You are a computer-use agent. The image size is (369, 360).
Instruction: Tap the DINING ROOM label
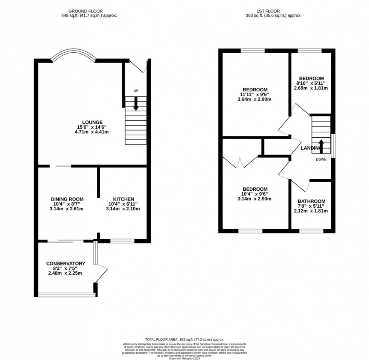click(67, 199)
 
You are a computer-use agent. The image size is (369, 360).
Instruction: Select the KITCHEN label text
click(124, 199)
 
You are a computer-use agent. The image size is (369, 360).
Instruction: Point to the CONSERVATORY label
click(66, 263)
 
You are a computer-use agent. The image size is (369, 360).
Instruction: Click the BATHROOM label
click(311, 201)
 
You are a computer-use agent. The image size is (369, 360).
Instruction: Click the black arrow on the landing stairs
click(321, 146)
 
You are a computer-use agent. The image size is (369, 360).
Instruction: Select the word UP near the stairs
click(136, 91)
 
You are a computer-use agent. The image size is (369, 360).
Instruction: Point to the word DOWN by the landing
click(321, 159)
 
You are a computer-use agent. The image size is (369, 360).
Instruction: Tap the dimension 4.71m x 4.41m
click(93, 132)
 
